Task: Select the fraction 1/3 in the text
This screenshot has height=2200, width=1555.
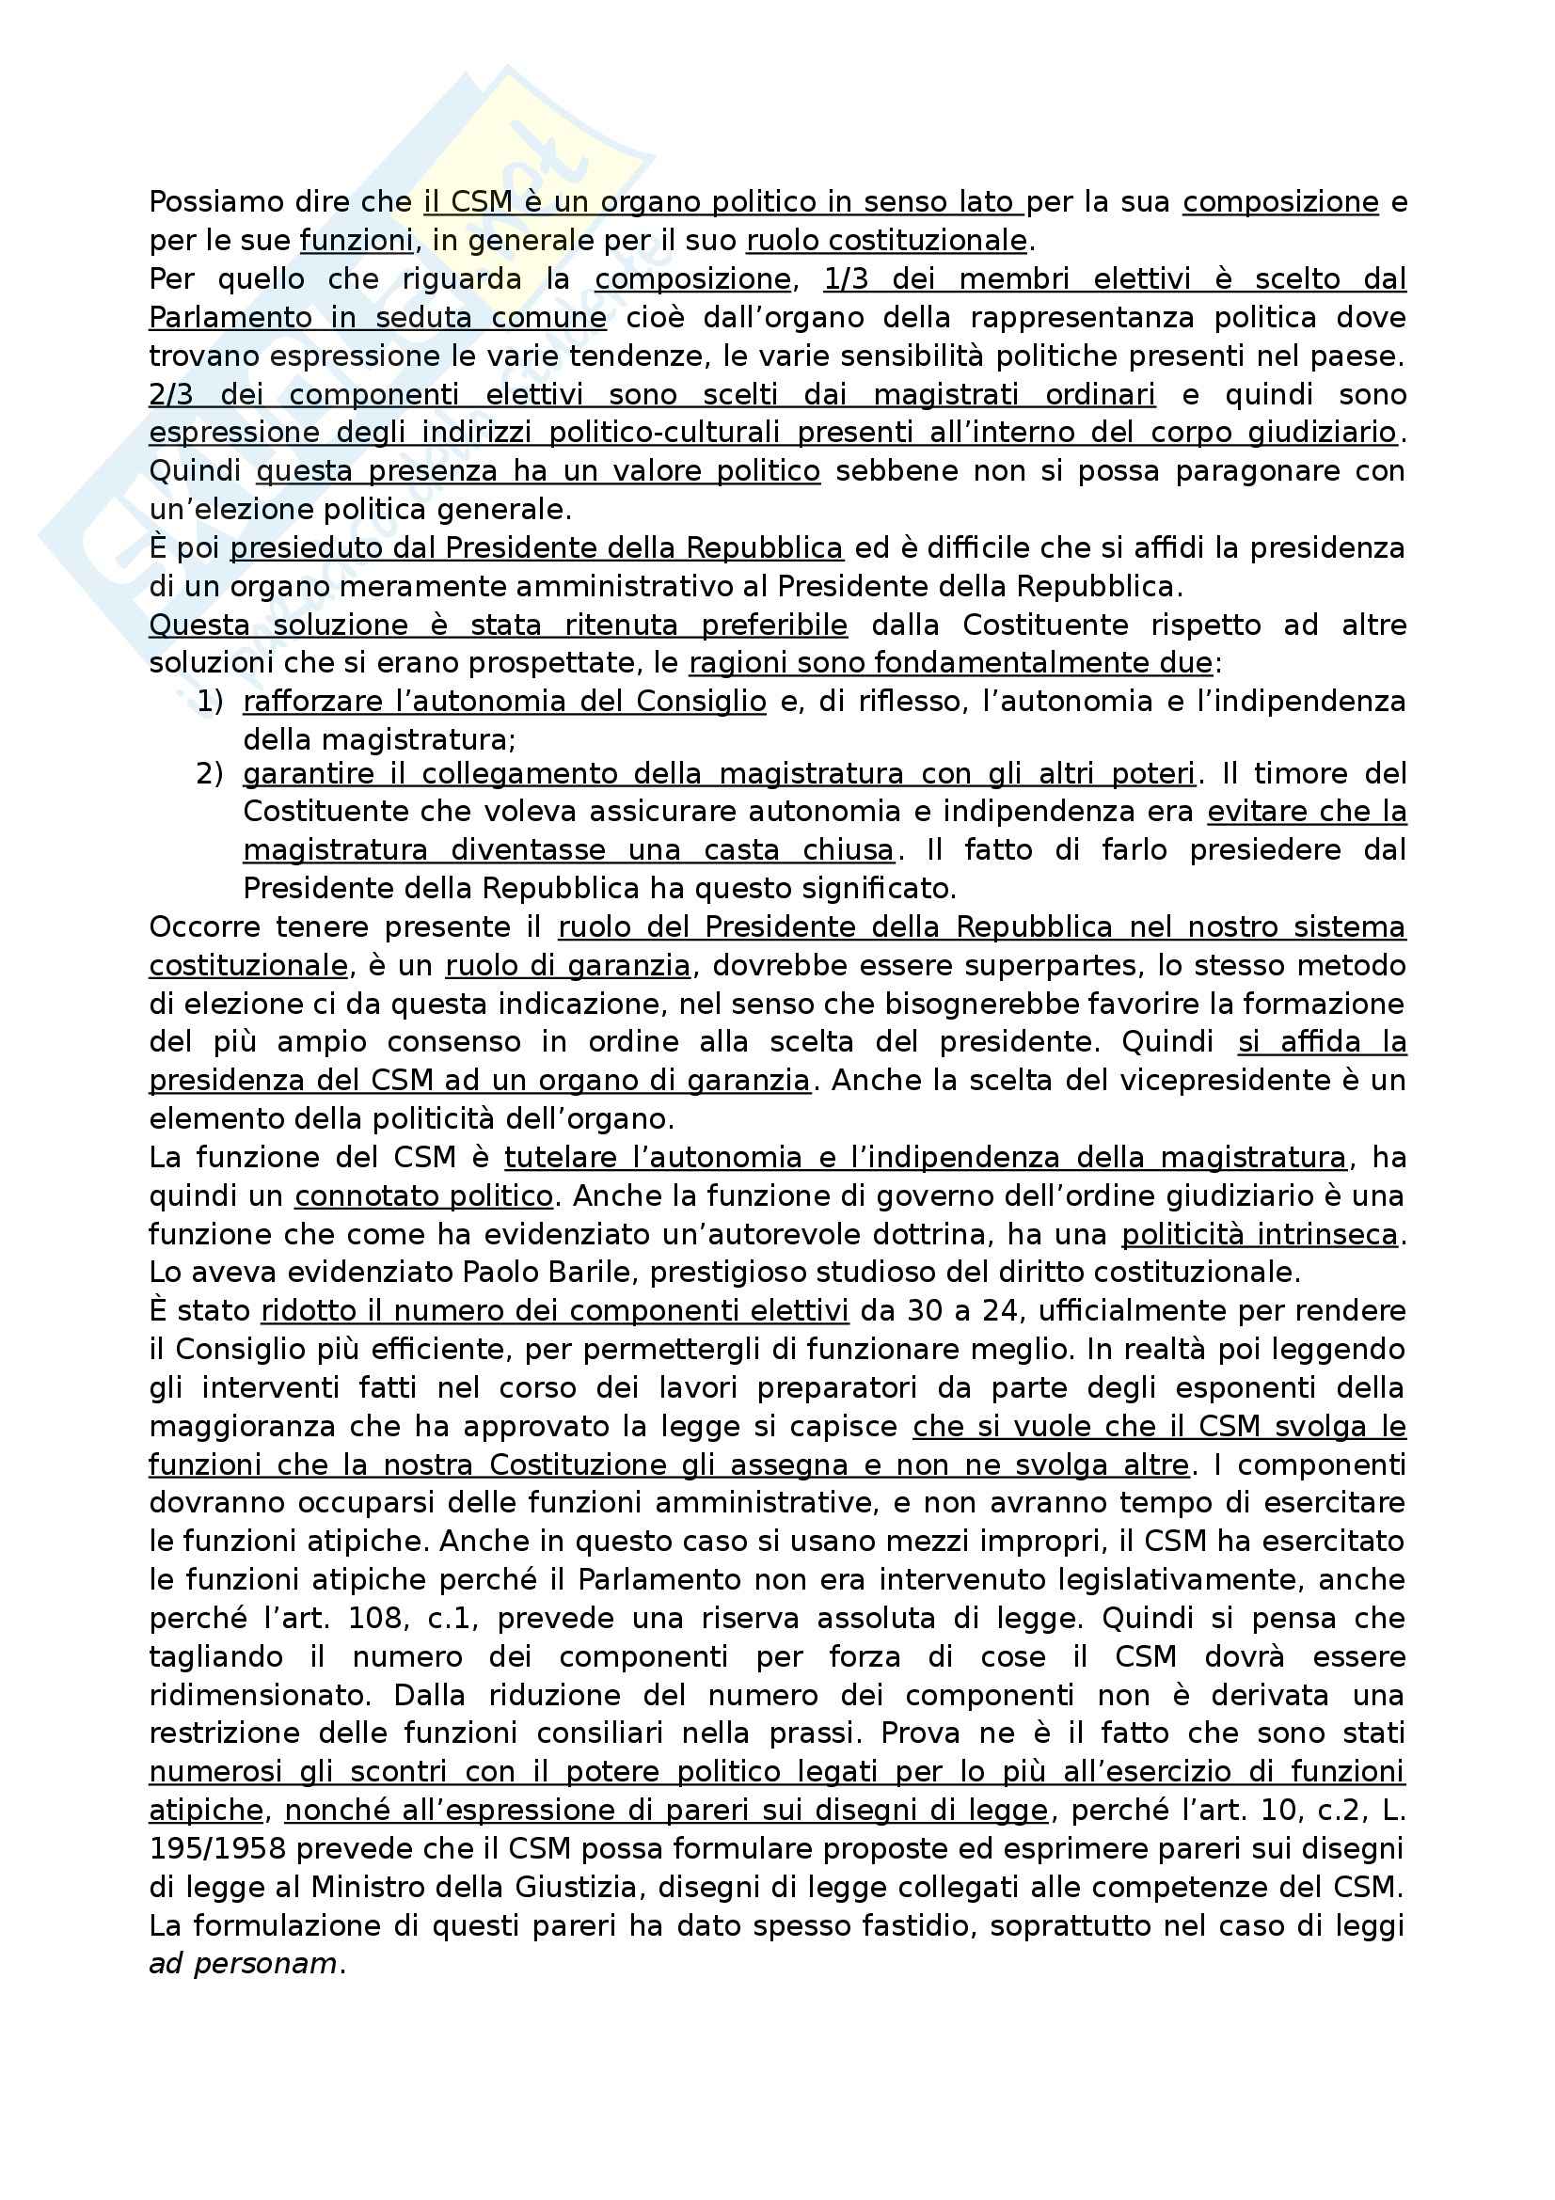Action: tap(845, 279)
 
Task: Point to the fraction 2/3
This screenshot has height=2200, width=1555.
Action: tap(171, 395)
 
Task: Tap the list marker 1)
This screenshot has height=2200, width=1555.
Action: tap(210, 702)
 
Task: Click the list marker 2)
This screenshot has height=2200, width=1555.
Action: tap(210, 773)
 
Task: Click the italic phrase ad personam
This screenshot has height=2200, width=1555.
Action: tap(244, 1964)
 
